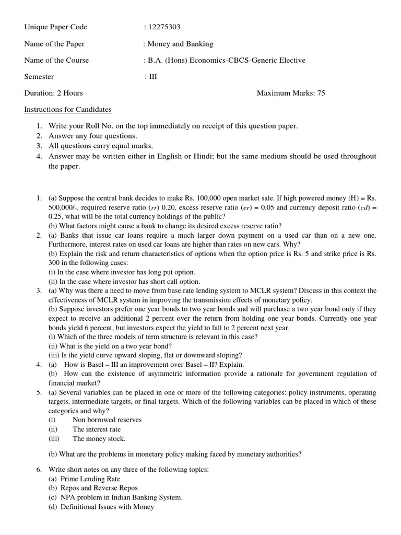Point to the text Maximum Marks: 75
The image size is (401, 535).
click(291, 94)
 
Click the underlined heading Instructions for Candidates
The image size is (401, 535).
click(68, 110)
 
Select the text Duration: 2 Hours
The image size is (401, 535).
click(54, 94)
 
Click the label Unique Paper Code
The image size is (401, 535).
click(56, 27)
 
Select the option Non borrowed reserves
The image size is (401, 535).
click(107, 420)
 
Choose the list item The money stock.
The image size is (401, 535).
click(99, 439)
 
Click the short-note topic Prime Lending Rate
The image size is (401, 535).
click(90, 479)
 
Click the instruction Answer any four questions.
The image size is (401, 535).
click(93, 136)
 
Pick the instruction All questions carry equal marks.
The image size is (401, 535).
click(101, 146)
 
